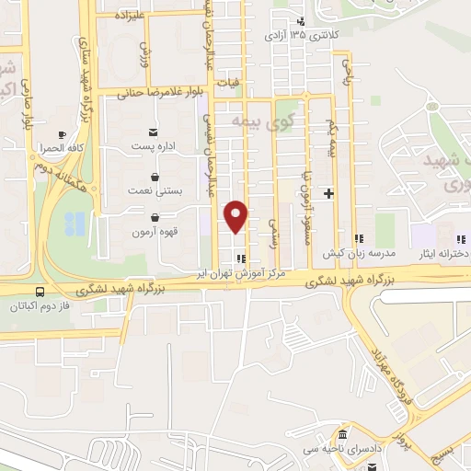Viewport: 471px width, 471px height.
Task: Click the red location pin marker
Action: [x=237, y=216]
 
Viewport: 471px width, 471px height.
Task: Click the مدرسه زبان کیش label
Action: [x=358, y=252]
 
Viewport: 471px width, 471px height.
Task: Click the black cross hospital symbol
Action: [x=328, y=193]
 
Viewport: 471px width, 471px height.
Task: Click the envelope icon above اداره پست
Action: [x=152, y=132]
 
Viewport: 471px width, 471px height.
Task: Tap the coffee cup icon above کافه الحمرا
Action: [x=61, y=132]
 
